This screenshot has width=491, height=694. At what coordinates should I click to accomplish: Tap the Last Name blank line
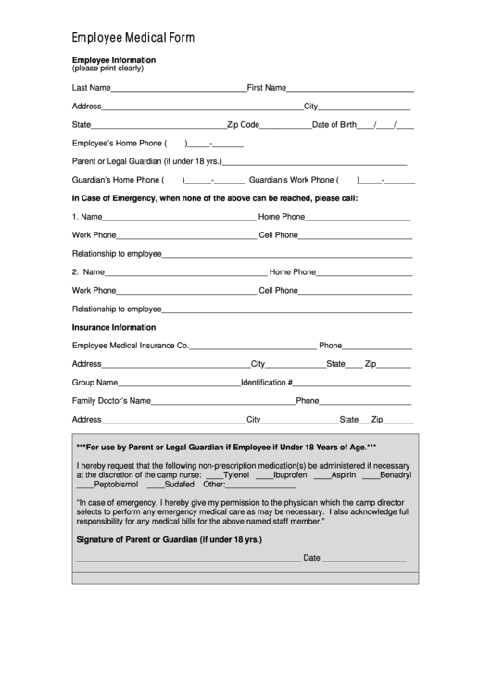tap(178, 90)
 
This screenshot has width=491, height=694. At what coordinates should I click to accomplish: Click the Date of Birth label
tap(334, 125)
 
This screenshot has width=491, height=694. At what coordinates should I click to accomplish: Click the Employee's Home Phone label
tap(117, 144)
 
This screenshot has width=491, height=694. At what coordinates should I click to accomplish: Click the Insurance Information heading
tap(114, 327)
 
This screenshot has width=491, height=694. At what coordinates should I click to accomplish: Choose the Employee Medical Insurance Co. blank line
tap(252, 347)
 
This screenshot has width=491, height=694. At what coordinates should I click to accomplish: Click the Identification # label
tap(267, 383)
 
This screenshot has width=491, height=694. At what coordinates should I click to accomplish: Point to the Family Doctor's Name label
tap(111, 401)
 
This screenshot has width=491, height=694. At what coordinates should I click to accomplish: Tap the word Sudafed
tap(180, 484)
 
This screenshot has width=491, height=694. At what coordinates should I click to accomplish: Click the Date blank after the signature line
tap(364, 561)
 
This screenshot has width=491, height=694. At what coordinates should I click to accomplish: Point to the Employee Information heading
tap(114, 59)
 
